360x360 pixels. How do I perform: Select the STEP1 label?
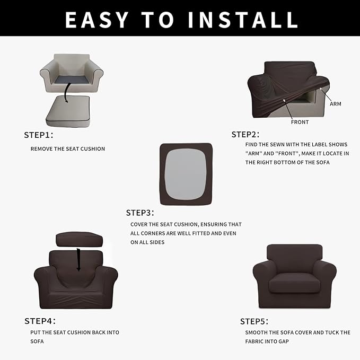pos(39,135)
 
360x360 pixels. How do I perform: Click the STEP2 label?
pos(245,134)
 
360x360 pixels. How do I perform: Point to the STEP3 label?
pos(140,213)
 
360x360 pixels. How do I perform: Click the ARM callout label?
pos(335,104)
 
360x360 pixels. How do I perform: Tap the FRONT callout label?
pos(300,122)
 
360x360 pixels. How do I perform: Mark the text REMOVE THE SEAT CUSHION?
pos(68,148)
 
